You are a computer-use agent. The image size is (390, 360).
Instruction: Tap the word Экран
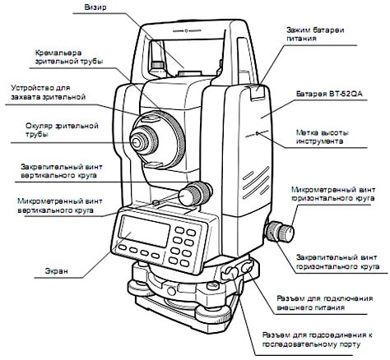(x=57, y=271)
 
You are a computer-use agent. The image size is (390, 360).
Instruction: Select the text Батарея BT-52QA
(x=329, y=94)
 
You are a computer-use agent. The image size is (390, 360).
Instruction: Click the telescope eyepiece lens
(x=136, y=142)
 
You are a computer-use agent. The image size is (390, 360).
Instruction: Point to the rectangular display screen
(x=145, y=232)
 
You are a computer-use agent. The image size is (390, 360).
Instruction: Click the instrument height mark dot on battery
(x=257, y=134)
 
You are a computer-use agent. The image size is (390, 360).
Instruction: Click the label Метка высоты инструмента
(x=323, y=137)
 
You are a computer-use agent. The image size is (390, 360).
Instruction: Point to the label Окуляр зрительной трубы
(x=62, y=130)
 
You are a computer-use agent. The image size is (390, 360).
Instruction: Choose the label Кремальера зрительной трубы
(x=69, y=57)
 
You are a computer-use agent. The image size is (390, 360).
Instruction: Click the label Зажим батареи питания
(x=315, y=34)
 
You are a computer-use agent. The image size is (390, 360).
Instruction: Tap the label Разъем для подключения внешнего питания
(x=325, y=302)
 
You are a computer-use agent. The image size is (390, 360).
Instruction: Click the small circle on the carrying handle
(x=186, y=30)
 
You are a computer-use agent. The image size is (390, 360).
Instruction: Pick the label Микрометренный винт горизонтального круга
(x=333, y=194)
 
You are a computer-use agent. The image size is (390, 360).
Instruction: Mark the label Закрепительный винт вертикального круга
(x=62, y=171)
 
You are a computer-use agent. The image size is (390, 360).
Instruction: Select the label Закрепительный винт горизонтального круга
(x=337, y=262)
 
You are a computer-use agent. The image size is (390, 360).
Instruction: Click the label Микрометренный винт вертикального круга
(x=60, y=205)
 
